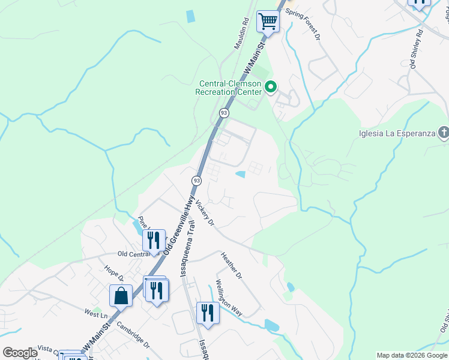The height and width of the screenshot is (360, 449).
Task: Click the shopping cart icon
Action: pyautogui.click(x=268, y=22)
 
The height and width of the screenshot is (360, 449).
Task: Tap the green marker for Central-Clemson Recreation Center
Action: pyautogui.click(x=270, y=88)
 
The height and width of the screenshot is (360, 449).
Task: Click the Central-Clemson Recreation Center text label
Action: pyautogui.click(x=228, y=88)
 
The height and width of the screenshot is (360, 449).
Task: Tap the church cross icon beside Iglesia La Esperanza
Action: pyautogui.click(x=443, y=132)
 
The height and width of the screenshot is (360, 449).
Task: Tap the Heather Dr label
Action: pyautogui.click(x=231, y=265)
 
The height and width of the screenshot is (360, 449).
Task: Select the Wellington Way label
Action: pyautogui.click(x=229, y=298)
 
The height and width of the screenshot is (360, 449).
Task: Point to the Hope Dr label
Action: pyautogui.click(x=113, y=274)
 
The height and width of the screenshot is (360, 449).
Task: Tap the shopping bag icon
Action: pyautogui.click(x=121, y=296)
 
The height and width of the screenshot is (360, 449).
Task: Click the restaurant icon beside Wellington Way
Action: pyautogui.click(x=208, y=313)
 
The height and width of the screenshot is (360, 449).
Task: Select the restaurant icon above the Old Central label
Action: pyautogui.click(x=154, y=240)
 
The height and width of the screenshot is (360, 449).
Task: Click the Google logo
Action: pyautogui.click(x=20, y=353)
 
